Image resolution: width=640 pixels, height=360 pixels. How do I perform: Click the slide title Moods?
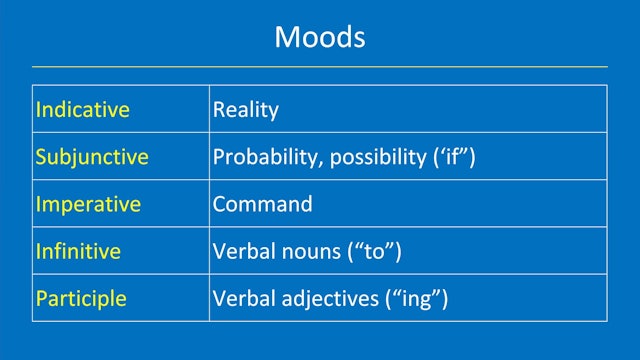pyautogui.click(x=320, y=38)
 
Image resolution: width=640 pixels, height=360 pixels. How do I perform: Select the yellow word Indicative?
pyautogui.click(x=82, y=110)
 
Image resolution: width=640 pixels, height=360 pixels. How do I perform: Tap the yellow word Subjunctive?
pyautogui.click(x=92, y=157)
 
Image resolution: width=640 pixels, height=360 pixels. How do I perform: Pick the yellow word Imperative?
pyautogui.click(x=88, y=204)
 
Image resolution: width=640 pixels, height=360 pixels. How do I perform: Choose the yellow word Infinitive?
pyautogui.click(x=78, y=251)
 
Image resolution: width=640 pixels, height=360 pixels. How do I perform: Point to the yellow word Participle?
pyautogui.click(x=81, y=298)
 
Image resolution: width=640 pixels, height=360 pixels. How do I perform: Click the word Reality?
pyautogui.click(x=245, y=110)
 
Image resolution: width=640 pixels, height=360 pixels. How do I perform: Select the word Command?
pyautogui.click(x=262, y=204)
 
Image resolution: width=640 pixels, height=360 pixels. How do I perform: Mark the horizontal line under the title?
pyautogui.click(x=320, y=67)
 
